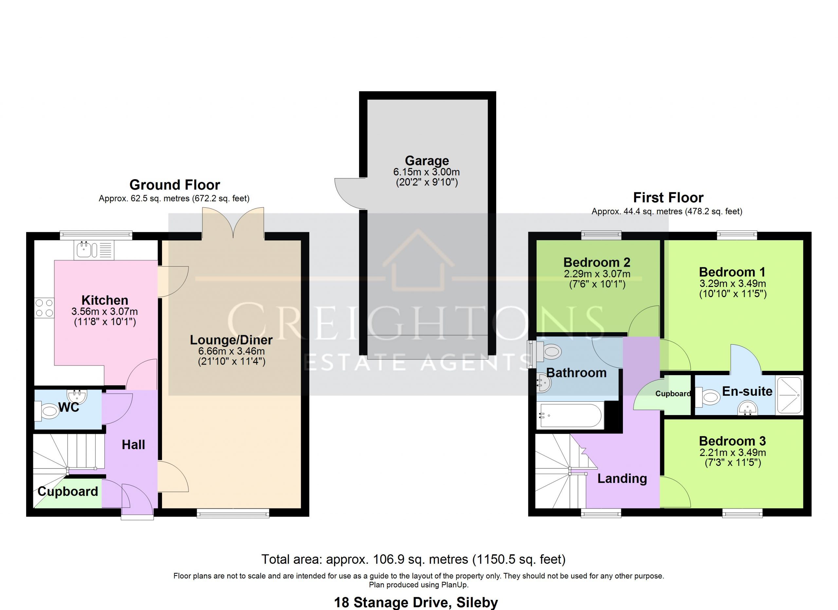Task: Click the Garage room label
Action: point(427,161)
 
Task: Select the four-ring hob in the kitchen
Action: point(44,308)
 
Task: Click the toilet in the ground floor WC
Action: point(47,411)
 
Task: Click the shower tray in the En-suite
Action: point(790,395)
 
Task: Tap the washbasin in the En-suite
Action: point(747,409)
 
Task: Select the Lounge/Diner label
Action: point(231,340)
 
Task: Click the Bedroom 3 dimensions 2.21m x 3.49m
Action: point(733,452)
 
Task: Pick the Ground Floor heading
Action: point(175,184)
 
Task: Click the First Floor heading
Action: point(668,198)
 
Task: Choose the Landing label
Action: point(622,479)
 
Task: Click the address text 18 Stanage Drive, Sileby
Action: point(416,602)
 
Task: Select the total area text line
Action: point(413,559)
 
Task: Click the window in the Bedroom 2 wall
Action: point(601,235)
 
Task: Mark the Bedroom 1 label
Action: point(732,272)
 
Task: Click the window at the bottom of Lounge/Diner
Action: point(233,513)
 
